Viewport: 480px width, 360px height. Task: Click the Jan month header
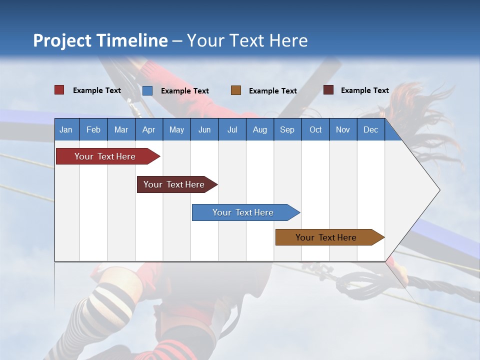coord(66,129)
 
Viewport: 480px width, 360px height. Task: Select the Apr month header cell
coord(149,129)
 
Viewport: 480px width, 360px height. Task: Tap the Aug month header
coord(260,129)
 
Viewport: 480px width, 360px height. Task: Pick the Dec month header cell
coord(371,129)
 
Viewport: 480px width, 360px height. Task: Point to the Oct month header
coord(315,129)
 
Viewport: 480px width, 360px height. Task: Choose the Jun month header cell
coord(204,129)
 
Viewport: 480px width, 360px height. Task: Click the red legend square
coord(59,90)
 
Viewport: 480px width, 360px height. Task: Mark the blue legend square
coord(147,90)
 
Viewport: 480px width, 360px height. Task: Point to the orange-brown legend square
coord(236,90)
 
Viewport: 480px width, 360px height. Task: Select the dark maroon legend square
coord(328,90)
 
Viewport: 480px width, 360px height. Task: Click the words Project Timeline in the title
coord(100,40)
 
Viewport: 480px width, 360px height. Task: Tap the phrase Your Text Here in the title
coord(247,40)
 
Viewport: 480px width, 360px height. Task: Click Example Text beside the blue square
coord(185,91)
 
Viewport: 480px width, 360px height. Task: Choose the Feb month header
coord(93,129)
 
